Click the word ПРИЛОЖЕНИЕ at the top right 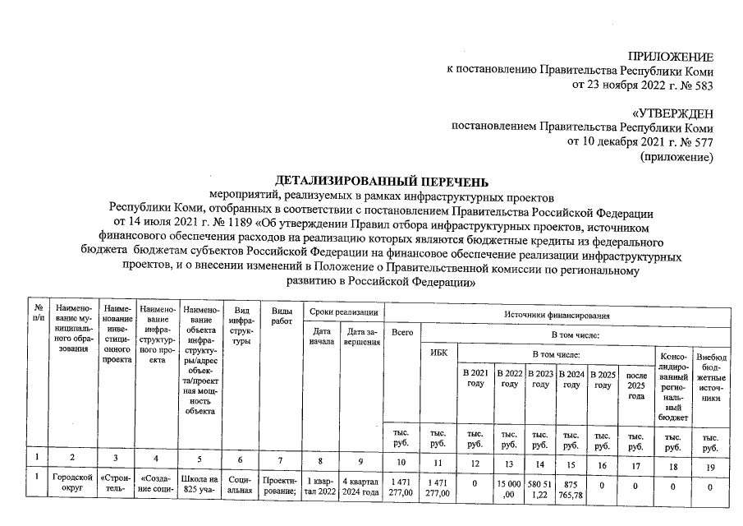[x=671, y=57]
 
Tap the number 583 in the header [x=702, y=85]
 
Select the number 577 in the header [x=702, y=142]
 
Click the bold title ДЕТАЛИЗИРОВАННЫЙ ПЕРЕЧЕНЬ [x=382, y=181]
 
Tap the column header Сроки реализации [x=344, y=312]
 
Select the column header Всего [x=402, y=333]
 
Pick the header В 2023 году [x=539, y=379]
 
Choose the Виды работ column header [x=282, y=318]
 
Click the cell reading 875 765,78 [x=572, y=487]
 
